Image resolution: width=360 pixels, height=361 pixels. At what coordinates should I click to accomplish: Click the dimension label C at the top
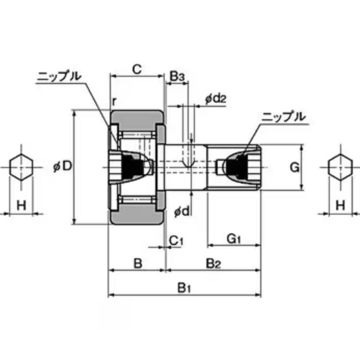click(x=136, y=68)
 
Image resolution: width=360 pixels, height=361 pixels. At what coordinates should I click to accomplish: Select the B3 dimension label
click(x=177, y=75)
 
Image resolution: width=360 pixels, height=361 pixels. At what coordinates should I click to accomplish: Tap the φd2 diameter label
click(x=216, y=98)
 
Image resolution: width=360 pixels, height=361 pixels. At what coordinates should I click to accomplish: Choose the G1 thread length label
click(x=233, y=239)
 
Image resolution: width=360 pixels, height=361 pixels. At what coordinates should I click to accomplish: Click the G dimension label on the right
click(x=294, y=167)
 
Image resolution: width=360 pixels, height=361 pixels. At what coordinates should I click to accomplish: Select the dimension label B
click(x=137, y=263)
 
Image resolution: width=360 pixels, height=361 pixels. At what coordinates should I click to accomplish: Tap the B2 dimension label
click(x=213, y=263)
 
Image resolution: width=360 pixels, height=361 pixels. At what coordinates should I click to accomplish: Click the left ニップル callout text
click(x=59, y=75)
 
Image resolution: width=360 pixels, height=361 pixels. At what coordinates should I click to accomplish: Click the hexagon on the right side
click(x=339, y=167)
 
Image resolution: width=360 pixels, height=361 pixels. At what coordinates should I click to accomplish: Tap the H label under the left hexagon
click(x=21, y=205)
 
